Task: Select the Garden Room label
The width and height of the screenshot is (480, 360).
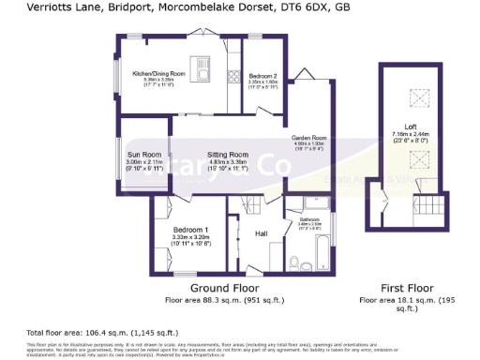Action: coord(307,137)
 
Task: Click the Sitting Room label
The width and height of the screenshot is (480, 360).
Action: coord(227,154)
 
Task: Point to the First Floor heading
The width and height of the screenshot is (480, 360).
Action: coord(405,287)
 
